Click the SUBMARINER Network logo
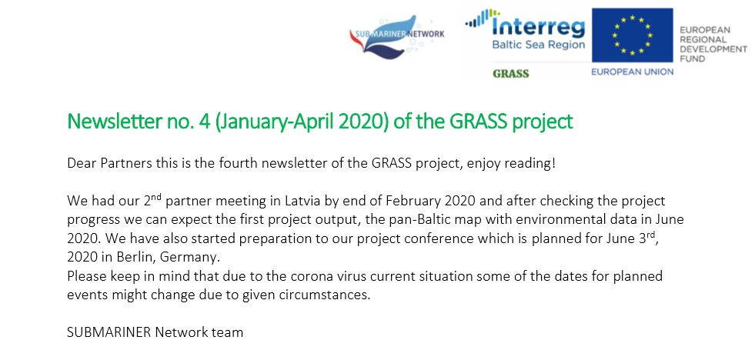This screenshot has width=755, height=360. [x=397, y=37]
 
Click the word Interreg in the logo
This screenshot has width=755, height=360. [x=538, y=28]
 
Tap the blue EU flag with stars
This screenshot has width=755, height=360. [x=632, y=35]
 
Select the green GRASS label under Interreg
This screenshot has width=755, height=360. [x=510, y=74]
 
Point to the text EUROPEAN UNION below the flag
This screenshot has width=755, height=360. [x=632, y=72]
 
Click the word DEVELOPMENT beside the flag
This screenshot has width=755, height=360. [x=713, y=49]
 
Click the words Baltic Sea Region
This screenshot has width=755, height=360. [x=538, y=45]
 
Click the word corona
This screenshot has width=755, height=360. [x=319, y=276]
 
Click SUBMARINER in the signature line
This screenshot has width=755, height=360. [x=109, y=332]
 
